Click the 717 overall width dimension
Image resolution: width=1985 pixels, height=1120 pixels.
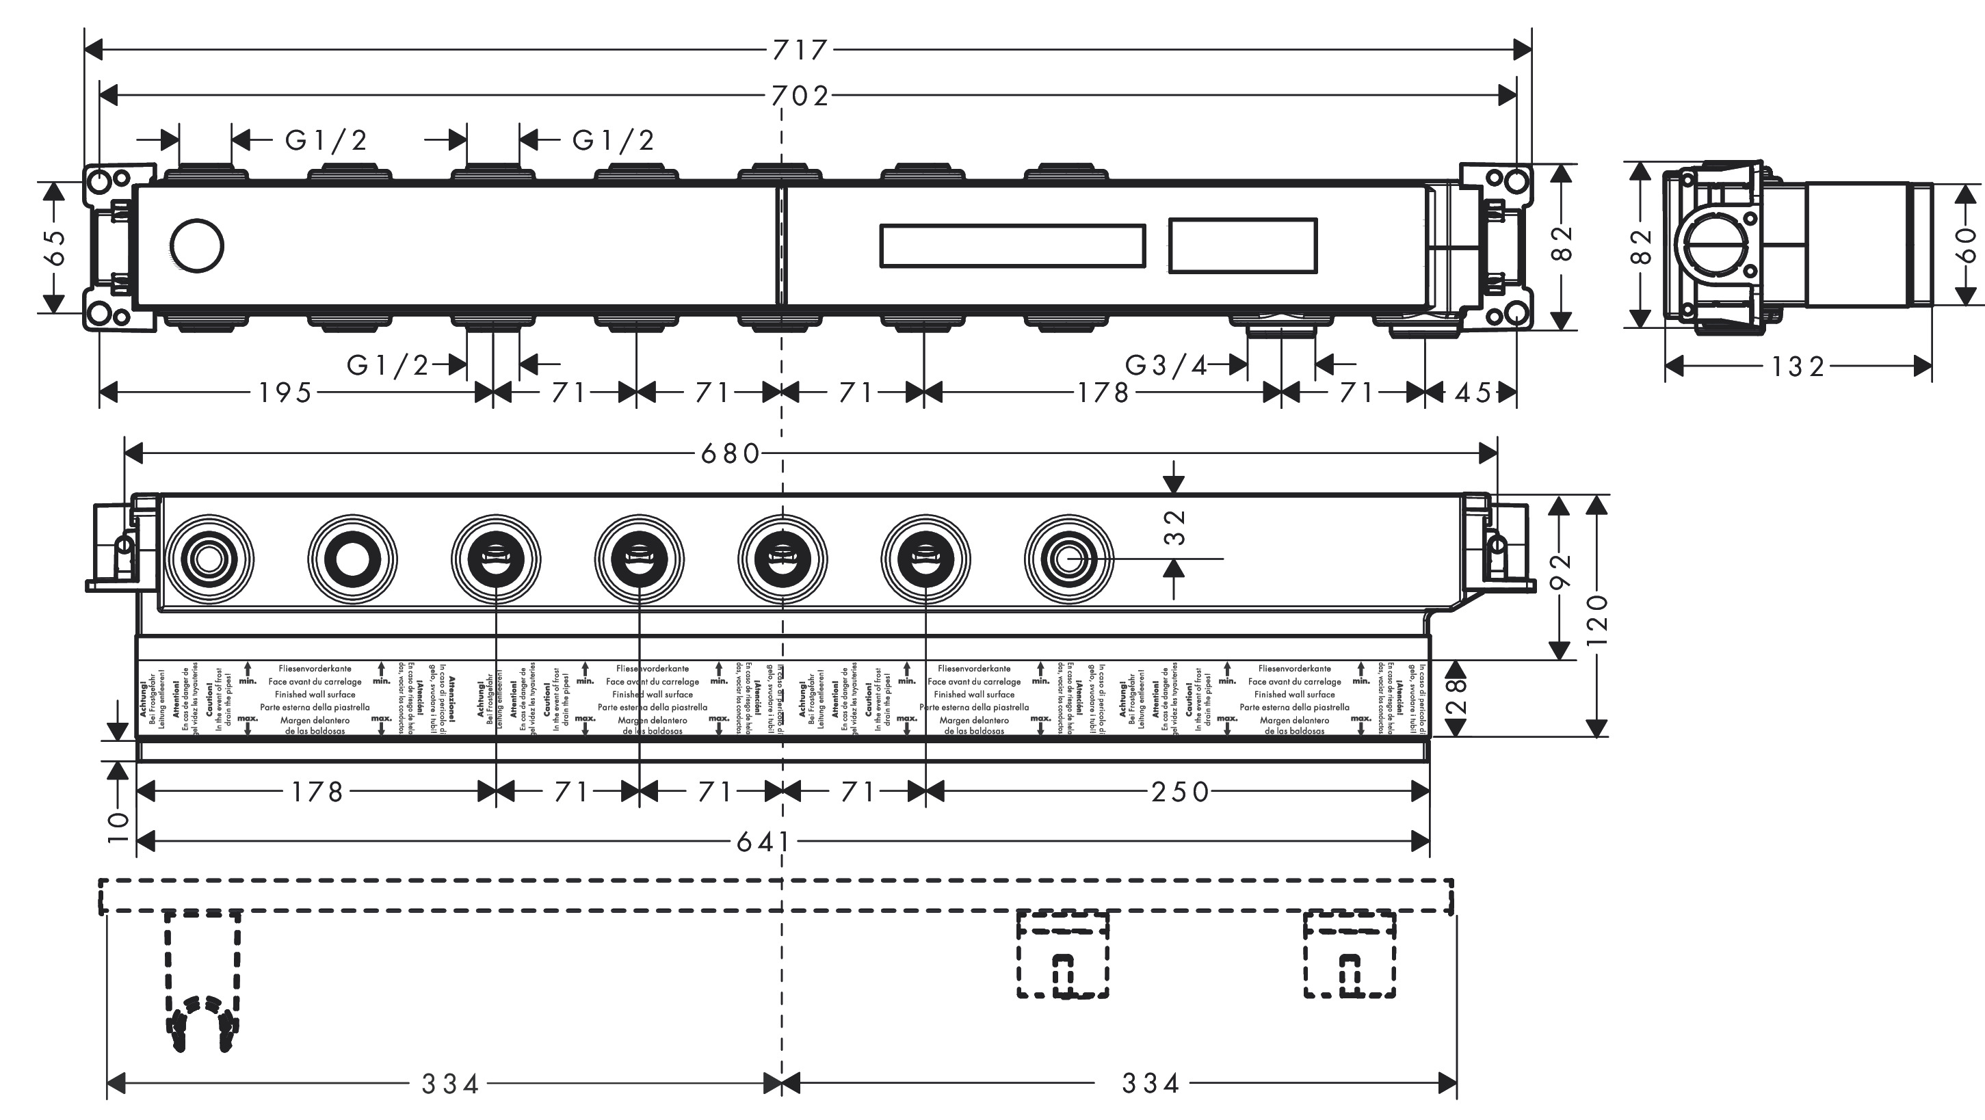800,50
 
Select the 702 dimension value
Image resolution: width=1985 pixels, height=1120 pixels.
800,96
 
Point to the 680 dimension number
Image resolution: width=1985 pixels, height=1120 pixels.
730,454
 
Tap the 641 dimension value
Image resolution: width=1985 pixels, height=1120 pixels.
762,842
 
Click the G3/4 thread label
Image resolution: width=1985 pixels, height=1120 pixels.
1166,364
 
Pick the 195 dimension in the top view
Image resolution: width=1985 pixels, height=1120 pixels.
285,393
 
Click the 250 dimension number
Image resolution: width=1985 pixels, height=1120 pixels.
1181,792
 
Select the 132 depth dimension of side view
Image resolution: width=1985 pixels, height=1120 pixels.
1798,366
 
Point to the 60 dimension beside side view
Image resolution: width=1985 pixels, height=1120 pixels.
1967,244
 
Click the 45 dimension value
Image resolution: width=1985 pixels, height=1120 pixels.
1473,393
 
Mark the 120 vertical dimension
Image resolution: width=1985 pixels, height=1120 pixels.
1597,619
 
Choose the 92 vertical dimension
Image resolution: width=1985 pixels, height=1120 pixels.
1560,572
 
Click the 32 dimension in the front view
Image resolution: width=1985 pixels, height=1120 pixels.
1175,527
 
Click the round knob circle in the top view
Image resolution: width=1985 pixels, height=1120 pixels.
196,245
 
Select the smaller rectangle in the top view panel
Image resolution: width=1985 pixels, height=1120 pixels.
1242,245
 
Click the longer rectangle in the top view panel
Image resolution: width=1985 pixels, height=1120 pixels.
1012,245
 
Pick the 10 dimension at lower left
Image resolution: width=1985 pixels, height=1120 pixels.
118,827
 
